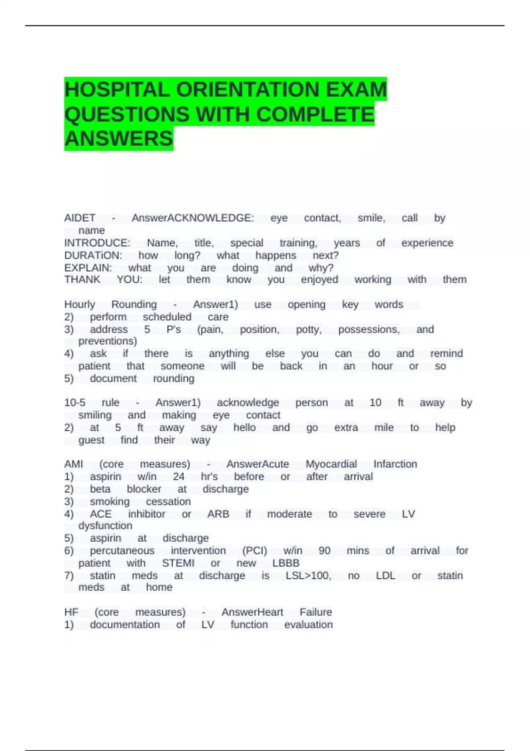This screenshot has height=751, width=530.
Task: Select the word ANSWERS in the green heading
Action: click(x=118, y=139)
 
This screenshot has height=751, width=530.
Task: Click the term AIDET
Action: click(x=79, y=218)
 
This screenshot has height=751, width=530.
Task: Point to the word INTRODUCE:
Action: click(x=97, y=243)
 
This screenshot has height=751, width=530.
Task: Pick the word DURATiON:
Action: click(x=93, y=255)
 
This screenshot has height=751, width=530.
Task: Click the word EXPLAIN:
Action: click(x=88, y=268)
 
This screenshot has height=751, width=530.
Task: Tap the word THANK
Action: click(x=82, y=280)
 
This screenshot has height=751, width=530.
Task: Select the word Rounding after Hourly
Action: click(x=134, y=304)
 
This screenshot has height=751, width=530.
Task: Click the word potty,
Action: click(x=308, y=330)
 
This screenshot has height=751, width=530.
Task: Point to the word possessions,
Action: click(x=369, y=330)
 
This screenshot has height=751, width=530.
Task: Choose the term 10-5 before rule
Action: click(x=75, y=403)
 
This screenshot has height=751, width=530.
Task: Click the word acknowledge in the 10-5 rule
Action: click(x=248, y=403)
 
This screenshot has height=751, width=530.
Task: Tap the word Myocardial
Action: click(x=331, y=464)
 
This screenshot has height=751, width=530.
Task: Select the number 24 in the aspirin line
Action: click(x=178, y=477)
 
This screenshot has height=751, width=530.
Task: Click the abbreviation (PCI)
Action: click(x=254, y=551)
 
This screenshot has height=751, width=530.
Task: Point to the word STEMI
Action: click(x=178, y=563)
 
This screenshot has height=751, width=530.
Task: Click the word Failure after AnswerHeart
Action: click(x=315, y=612)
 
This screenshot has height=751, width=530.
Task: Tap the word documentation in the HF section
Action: click(x=125, y=625)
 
